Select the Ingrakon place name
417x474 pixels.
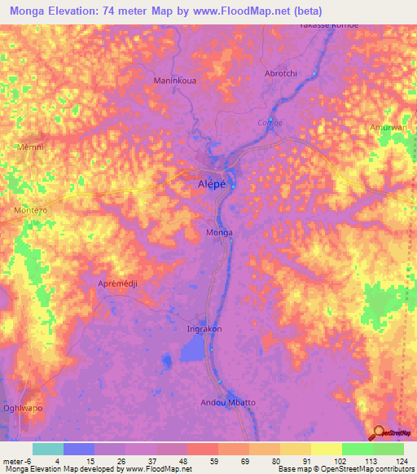coord(204,329)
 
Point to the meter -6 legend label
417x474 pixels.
coord(16,461)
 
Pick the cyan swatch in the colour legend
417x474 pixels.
coord(48,449)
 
